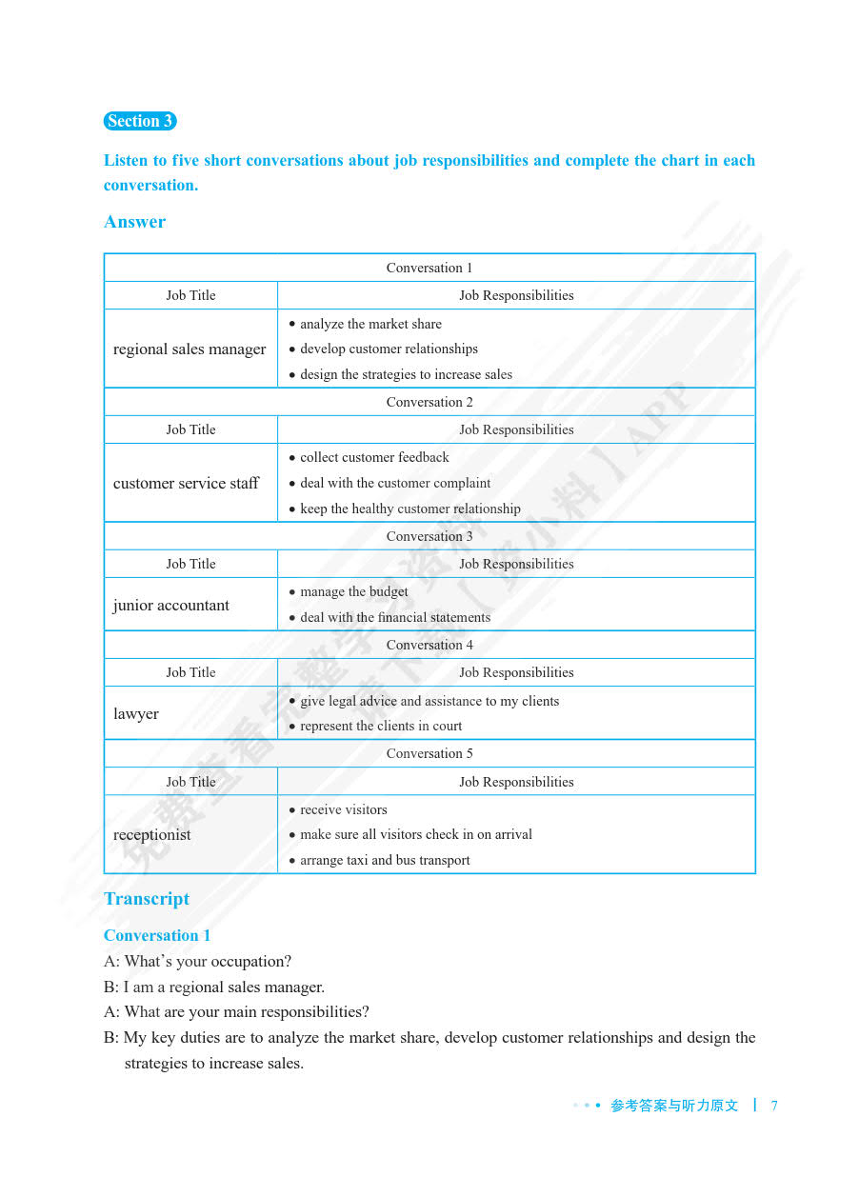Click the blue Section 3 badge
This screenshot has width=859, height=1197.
(140, 121)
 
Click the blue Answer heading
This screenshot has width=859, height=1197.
(134, 222)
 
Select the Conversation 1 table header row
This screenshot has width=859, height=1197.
(429, 268)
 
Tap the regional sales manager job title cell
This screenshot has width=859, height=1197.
(190, 349)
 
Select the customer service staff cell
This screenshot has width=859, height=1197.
(186, 484)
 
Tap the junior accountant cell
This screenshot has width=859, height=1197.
(171, 606)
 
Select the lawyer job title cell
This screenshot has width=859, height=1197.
(136, 714)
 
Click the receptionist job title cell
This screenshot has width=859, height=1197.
(152, 835)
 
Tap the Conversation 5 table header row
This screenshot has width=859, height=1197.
(429, 753)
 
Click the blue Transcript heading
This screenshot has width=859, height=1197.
(147, 899)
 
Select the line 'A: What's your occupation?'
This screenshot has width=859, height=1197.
(198, 961)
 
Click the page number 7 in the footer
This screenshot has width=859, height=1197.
(774, 1106)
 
